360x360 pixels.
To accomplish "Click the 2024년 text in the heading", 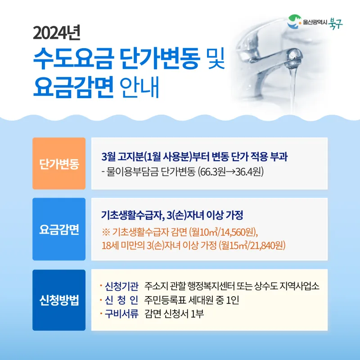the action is pos(57,33).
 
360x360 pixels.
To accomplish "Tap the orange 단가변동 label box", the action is pos(59,163).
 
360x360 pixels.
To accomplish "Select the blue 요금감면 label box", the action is pos(59,229).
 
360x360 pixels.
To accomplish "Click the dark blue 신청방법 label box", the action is pos(59,300).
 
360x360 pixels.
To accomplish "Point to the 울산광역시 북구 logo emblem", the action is pos(294,22).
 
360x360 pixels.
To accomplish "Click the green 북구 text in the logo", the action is pos(335,23).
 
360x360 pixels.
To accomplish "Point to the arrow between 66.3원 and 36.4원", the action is pos(231,172).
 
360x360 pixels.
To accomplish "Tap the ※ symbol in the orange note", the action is pos(106,232).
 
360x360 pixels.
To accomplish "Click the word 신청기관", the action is pos(121,286).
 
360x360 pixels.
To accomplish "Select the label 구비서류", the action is pos(121,314).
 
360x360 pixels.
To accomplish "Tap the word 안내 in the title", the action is pos(139,87).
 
